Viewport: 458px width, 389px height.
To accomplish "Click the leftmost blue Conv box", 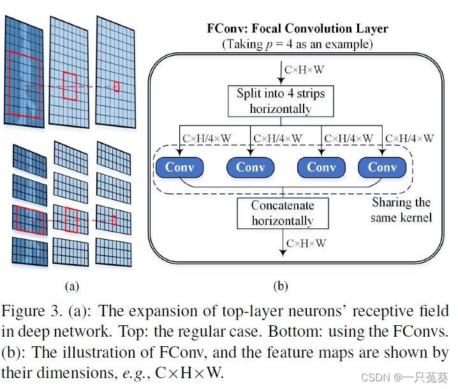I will pos(179,167).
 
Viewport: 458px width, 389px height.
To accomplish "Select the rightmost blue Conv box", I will pos(382,167).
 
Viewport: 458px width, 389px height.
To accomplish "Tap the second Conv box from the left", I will pos(250,167).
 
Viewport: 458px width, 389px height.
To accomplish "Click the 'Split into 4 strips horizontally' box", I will pos(281,101).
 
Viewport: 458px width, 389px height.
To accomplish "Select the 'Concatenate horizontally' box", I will pos(282,214).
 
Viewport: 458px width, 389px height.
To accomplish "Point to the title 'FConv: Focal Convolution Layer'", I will pos(297,29).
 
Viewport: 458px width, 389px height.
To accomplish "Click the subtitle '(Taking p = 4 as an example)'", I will pos(297,44).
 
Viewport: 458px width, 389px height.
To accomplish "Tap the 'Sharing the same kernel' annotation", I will pos(401,210).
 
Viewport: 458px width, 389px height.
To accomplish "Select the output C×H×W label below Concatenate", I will pos(306,244).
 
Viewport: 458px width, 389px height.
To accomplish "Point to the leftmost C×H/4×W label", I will pos(206,138).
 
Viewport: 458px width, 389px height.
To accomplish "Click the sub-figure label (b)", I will pos(281,286).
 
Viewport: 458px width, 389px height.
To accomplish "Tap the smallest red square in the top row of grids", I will pos(116,86).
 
